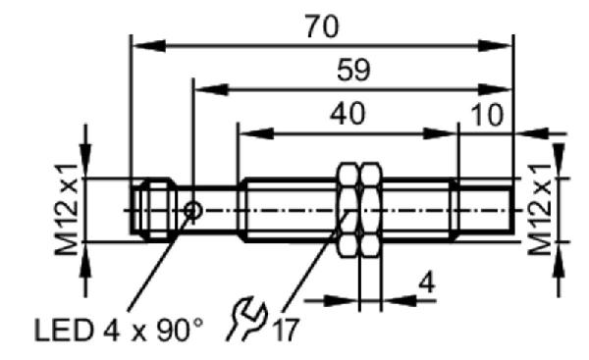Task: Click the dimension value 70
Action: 322,26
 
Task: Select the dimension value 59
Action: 353,70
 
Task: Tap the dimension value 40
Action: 348,114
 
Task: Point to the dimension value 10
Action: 487,115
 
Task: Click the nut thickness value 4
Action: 427,283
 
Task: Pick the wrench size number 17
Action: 287,330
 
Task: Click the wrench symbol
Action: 247,319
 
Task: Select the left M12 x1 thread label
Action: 67,210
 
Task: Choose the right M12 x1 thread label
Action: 539,210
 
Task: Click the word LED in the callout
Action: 64,331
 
